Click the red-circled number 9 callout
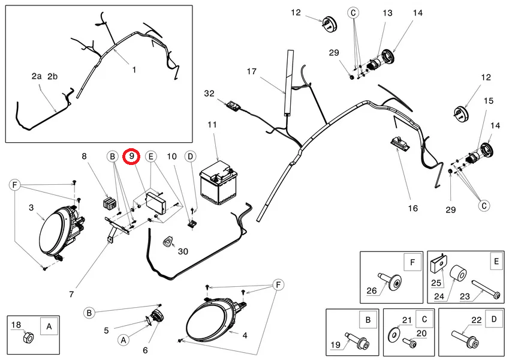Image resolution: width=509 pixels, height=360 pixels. pos(131,157)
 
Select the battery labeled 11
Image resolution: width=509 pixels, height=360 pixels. pos(218,183)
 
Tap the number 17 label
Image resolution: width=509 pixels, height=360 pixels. pos(252,71)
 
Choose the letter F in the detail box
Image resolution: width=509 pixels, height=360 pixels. pos(412,262)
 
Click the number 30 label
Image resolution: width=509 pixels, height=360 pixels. pos(183,251)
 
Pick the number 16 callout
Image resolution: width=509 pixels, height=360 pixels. pos(413,208)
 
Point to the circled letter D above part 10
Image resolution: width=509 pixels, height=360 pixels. pos(190,157)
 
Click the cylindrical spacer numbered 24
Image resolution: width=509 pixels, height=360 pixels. pos(458,274)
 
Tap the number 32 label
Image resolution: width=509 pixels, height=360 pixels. pos(209,94)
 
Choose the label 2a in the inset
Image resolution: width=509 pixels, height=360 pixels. pos(37,76)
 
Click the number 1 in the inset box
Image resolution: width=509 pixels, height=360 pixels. pos(134,70)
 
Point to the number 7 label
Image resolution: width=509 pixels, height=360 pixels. pos(71,295)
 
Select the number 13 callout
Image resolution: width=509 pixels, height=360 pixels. pos(387,13)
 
